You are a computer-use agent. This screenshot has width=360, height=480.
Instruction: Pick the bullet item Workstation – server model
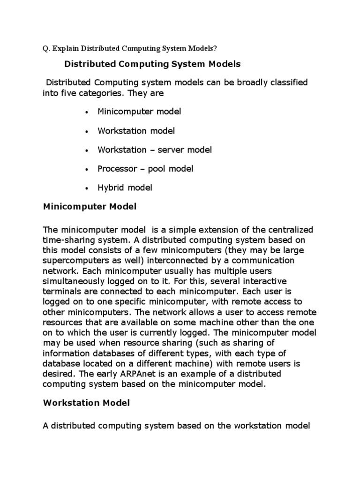155,150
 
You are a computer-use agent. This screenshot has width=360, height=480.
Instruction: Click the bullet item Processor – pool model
145,169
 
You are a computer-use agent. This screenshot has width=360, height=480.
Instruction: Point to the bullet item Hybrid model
125,187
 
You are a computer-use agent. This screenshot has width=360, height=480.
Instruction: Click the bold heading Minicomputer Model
90,206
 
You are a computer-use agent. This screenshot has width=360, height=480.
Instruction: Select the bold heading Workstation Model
86,403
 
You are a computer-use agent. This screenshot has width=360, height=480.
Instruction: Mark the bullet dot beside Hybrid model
87,188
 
